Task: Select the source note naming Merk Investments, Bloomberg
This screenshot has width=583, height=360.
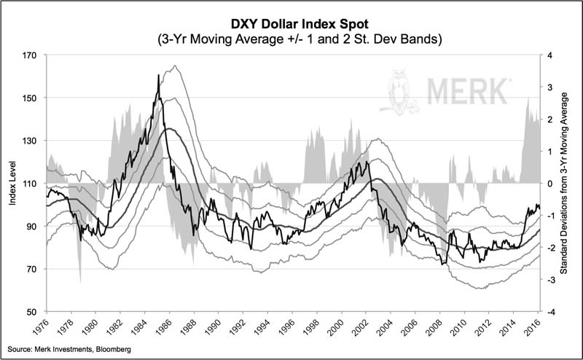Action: coord(67,351)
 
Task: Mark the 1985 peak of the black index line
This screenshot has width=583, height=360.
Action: coord(158,75)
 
